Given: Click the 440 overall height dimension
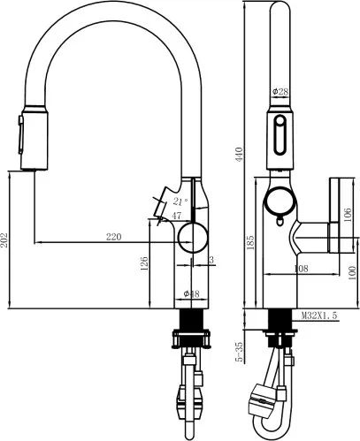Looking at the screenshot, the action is (239, 154).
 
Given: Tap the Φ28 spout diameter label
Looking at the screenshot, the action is (280, 92).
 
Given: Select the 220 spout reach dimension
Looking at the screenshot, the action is (114, 237).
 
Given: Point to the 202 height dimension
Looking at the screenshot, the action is (4, 240).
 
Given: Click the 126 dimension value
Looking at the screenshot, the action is (144, 263).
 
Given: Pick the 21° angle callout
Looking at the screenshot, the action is (180, 201).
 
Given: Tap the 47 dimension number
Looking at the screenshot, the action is (177, 216).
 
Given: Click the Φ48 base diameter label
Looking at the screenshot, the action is (191, 293).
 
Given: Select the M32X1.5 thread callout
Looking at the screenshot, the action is (319, 316).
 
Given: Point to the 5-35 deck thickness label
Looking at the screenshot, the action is (240, 352).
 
